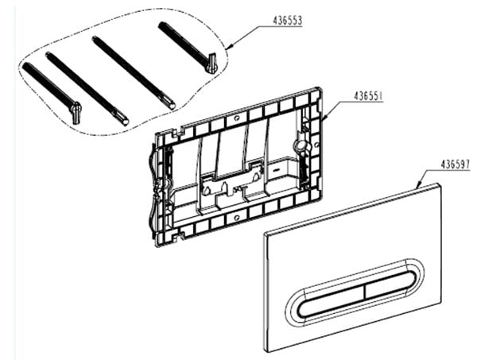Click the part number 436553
click(288, 21)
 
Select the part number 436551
click(368, 96)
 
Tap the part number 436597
click(456, 165)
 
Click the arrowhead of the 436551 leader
click(325, 117)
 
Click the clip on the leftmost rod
click(76, 112)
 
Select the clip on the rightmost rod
click(211, 62)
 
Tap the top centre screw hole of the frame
click(237, 118)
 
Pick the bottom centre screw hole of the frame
click(236, 218)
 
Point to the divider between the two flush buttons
click(364, 292)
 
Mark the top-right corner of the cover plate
click(440, 184)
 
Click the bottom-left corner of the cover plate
click(268, 351)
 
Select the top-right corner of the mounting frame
click(320, 88)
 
